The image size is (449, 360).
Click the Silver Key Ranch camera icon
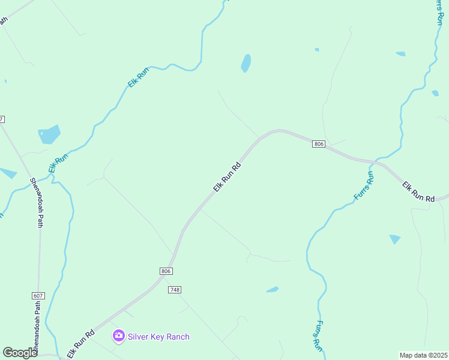pos(119,336)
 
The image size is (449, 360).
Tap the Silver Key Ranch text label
pos(158,337)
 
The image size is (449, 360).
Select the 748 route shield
pos(175,290)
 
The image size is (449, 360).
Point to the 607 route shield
pos(38,296)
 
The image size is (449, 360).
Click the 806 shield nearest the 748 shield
pos(167,271)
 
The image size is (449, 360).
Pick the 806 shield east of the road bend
pos(319,144)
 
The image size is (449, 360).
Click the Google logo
pos(20,353)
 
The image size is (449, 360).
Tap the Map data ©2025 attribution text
pos(423,355)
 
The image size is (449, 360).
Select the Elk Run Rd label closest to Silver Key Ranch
pos(81,344)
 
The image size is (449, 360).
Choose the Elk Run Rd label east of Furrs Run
pos(418,192)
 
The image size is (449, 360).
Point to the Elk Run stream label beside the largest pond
pos(59,163)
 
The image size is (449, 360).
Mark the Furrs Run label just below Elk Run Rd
pos(363,185)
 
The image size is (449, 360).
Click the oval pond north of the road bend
pos(246,63)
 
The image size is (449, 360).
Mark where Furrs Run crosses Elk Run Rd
pos(375,162)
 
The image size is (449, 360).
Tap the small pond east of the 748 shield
pos(273,290)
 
